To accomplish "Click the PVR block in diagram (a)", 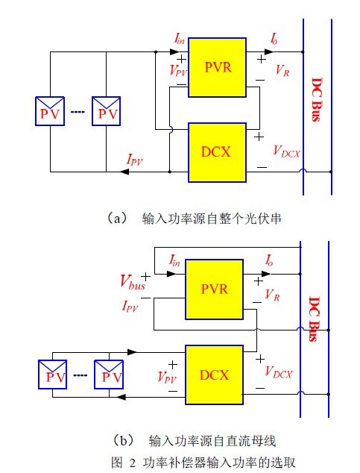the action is pos(217,67).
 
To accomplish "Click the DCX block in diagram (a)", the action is pos(217,153).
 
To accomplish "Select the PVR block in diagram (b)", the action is pos(214,289).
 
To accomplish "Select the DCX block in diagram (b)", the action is pos(214,375).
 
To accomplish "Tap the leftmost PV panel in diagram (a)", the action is pos(50,111).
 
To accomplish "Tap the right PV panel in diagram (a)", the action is pos(107,111).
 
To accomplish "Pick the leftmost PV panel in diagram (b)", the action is pos(53,375).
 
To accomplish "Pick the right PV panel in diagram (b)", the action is pos(109,375).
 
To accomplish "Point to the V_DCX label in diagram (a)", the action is pos(286,151).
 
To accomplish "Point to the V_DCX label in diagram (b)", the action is pos(278,372).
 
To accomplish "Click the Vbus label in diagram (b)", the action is pos(133,283).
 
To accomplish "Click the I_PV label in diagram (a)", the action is pos(134,159).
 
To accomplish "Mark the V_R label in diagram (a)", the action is pos(282,71).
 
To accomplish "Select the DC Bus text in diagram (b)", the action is pos(315,319).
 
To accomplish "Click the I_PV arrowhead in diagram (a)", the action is pos(124,172).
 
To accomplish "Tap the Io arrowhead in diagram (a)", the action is pos(269,52).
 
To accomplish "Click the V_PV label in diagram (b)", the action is pos(167,378).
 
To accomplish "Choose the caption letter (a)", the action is pos(117,218).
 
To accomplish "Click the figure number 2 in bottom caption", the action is pos(133,463).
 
